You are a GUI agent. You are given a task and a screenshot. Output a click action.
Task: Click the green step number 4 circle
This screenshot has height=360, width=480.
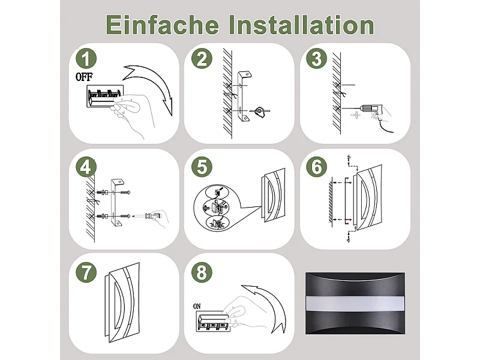88,167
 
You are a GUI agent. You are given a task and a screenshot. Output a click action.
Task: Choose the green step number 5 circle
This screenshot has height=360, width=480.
202,167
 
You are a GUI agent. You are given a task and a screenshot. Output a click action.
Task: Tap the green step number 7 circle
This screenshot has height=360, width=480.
88,273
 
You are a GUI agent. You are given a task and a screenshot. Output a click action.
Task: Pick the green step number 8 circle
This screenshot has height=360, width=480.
202,273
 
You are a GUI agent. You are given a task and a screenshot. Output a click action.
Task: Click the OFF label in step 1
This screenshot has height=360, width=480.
84,77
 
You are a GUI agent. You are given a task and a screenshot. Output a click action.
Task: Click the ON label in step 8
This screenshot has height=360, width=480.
197,305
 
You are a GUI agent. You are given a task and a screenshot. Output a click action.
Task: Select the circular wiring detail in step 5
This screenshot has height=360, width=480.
217,208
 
